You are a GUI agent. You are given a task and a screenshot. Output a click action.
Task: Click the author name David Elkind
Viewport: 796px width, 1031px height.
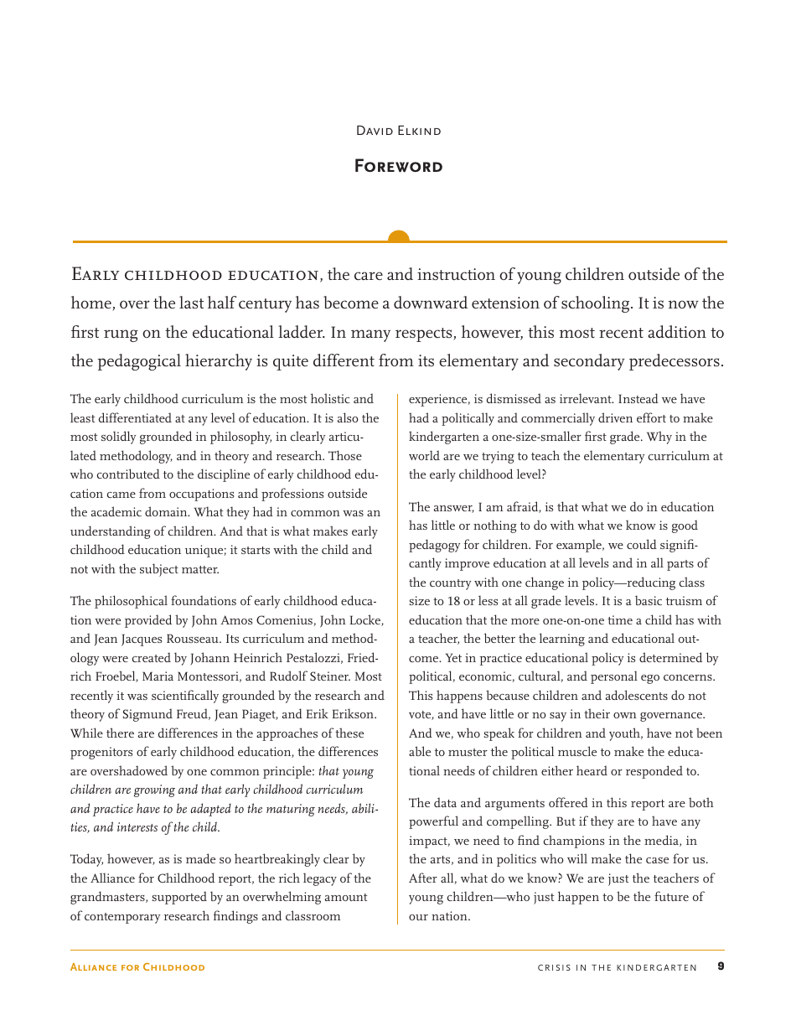pyautogui.click(x=398, y=131)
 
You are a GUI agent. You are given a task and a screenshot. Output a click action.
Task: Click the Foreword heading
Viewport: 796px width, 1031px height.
pyautogui.click(x=398, y=166)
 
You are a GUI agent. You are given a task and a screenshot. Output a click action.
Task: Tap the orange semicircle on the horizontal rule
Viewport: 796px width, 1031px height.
pyautogui.click(x=399, y=237)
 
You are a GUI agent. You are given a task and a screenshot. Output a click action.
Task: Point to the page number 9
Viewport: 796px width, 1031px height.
pyautogui.click(x=721, y=966)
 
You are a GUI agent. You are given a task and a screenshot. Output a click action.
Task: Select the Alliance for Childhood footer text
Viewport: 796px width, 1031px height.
pyautogui.click(x=137, y=967)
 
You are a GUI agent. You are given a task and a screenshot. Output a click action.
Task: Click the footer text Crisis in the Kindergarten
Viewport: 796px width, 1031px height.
pyautogui.click(x=617, y=967)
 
